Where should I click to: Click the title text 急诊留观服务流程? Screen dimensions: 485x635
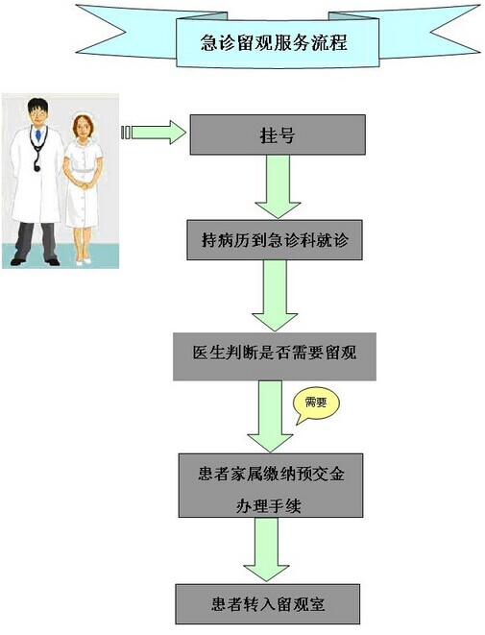[x=274, y=42]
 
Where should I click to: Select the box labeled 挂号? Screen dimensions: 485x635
[x=278, y=134]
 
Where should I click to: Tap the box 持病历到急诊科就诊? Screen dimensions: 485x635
[x=275, y=240]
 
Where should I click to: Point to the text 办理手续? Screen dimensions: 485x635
[x=269, y=506]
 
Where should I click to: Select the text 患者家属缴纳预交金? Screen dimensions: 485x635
[x=271, y=474]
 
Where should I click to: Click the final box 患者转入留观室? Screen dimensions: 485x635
[x=268, y=604]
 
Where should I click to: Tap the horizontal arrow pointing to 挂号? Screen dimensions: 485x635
[x=154, y=133]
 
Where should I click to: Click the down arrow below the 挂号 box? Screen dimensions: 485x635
[x=278, y=187]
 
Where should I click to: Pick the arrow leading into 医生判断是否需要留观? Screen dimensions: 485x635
[x=275, y=296]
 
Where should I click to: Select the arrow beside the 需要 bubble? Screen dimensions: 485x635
[x=270, y=416]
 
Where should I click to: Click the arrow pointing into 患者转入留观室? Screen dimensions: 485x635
[x=266, y=550]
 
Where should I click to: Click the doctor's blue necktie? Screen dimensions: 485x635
[x=38, y=134]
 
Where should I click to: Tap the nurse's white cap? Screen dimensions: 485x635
[x=83, y=116]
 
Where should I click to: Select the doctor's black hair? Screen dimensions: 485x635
[x=37, y=106]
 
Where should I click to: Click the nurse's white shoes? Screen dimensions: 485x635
[x=84, y=261]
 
